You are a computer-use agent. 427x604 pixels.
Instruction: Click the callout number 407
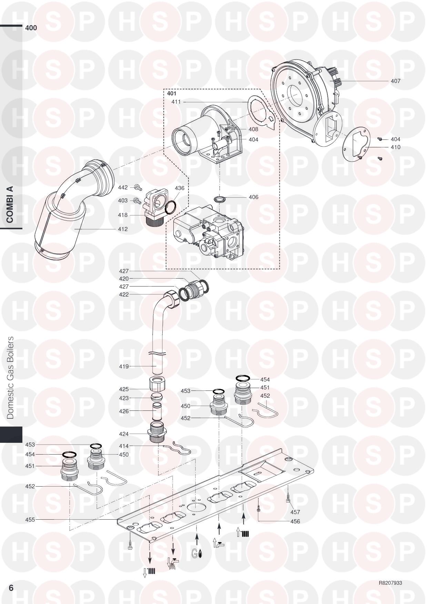[395, 81]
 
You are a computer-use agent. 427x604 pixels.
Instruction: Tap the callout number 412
[122, 229]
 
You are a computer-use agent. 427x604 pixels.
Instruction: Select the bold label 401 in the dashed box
[172, 93]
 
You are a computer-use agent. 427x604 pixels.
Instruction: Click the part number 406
[253, 197]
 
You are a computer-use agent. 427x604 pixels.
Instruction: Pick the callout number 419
[124, 366]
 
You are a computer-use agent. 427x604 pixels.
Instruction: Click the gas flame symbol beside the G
[200, 554]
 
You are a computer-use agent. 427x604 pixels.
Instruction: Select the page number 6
[11, 588]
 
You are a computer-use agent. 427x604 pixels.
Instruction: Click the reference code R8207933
[390, 583]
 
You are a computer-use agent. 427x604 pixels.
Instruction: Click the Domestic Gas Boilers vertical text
[11, 377]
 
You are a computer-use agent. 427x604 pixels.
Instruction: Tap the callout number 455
[30, 520]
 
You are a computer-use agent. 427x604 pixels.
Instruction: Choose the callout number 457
[295, 512]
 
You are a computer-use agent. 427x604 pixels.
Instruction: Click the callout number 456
[295, 521]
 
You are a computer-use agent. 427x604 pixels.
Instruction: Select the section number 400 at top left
[31, 28]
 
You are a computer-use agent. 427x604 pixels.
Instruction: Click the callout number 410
[395, 147]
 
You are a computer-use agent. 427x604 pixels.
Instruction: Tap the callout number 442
[123, 187]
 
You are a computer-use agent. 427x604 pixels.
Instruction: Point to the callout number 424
[124, 434]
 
